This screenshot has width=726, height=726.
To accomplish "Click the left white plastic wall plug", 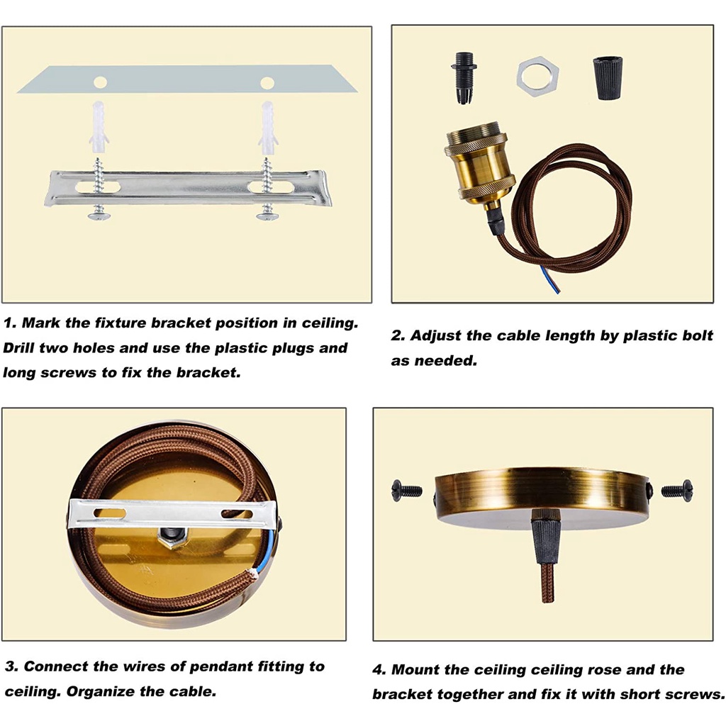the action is [99, 128].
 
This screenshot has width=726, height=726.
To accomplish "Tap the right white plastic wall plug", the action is [268, 128].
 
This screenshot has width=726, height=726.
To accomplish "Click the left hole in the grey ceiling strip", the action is [100, 83].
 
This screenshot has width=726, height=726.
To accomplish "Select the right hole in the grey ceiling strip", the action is [267, 83].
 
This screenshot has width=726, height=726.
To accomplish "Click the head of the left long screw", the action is [98, 216].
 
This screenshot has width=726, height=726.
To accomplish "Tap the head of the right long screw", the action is [267, 216].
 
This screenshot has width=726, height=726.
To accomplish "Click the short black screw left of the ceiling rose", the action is [406, 489].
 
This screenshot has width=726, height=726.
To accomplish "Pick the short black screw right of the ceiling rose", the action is [677, 489].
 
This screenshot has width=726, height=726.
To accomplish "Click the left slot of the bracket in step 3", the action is [109, 513].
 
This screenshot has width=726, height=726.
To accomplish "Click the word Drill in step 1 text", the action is [18, 347].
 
